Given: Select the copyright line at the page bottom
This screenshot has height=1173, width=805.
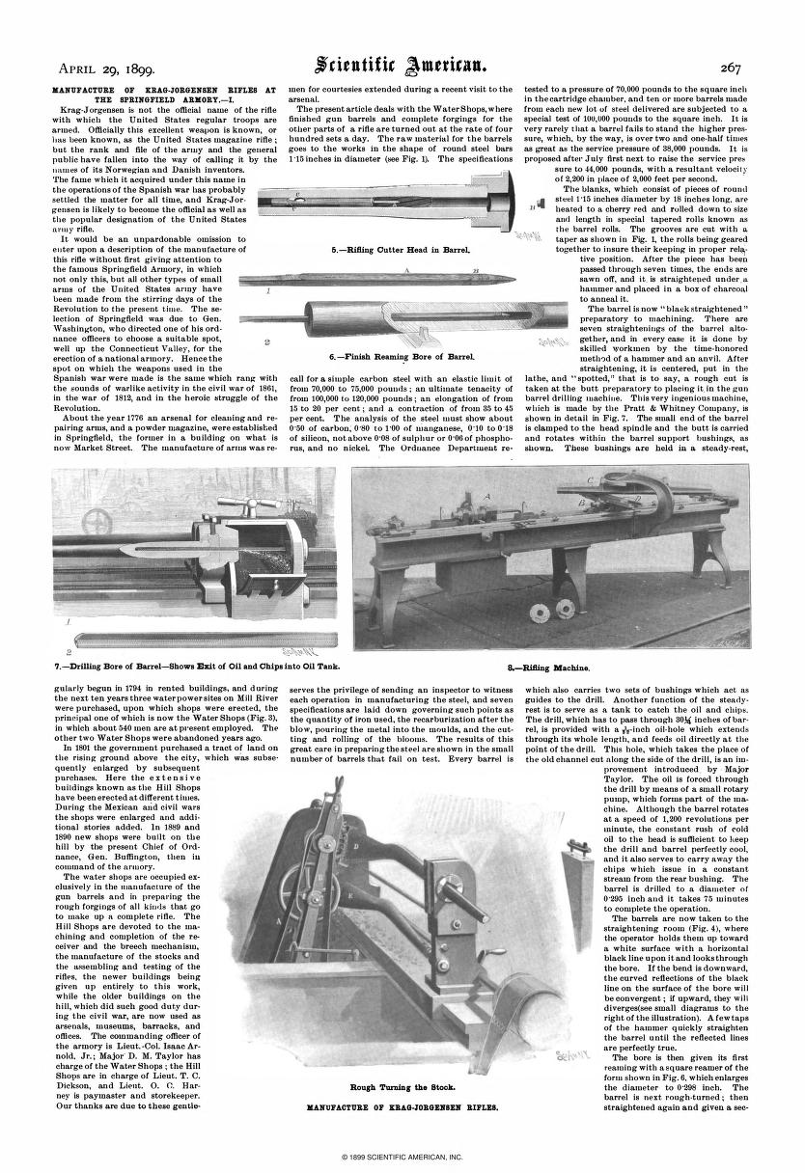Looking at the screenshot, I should click(x=402, y=1155).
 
